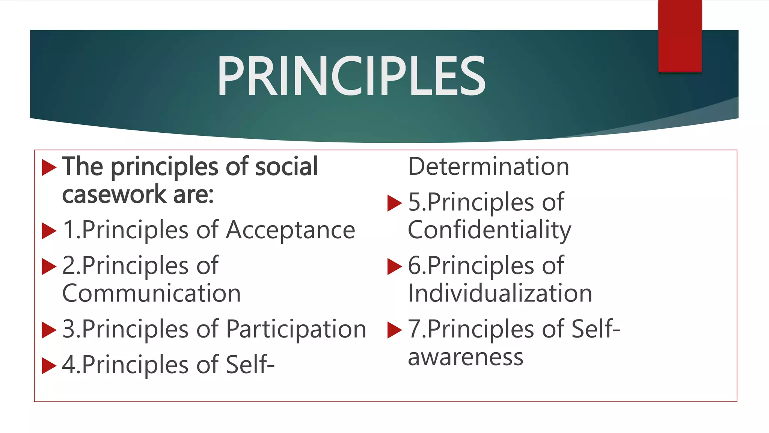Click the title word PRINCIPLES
[x=351, y=76]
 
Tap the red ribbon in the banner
[x=680, y=36]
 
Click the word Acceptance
[x=290, y=230]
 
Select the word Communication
[x=151, y=294]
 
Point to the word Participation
[x=296, y=329]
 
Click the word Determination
[x=489, y=167]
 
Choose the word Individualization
[x=500, y=294]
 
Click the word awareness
[x=465, y=357]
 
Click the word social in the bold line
[x=286, y=167]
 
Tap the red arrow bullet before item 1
[x=48, y=230]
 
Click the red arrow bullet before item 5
[x=394, y=203]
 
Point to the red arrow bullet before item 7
[x=394, y=330]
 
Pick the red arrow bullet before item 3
[x=48, y=330]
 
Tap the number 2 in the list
[x=69, y=266]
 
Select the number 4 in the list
[x=69, y=365]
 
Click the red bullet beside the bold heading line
[x=48, y=167]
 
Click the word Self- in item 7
[x=595, y=329]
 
